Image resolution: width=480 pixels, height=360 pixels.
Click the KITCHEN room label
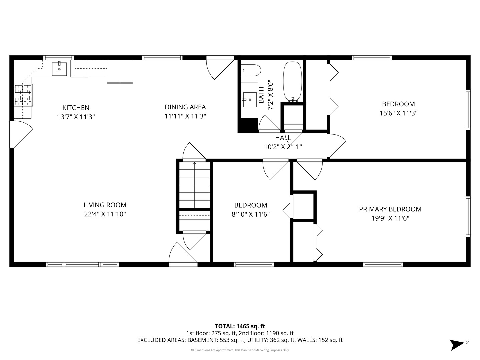(76, 108)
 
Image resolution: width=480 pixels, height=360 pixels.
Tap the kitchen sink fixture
(59, 69)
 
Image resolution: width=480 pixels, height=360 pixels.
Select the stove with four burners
(23, 95)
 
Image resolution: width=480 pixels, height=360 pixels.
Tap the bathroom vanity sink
(250, 99)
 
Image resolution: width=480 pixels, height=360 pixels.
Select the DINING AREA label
(185, 107)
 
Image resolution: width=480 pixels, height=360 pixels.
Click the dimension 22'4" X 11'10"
(105, 214)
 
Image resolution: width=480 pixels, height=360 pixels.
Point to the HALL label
(283, 138)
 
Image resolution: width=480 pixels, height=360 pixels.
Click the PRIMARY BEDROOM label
(390, 209)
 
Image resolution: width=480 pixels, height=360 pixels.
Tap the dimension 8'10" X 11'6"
(250, 214)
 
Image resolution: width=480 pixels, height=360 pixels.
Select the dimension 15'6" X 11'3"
(398, 113)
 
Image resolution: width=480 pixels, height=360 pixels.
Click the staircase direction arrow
(195, 164)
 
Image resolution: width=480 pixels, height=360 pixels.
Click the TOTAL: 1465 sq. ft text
(240, 326)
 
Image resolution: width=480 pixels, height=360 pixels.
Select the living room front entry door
(183, 254)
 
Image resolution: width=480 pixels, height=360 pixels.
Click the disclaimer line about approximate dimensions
(240, 350)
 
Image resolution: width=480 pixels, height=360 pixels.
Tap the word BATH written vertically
(261, 95)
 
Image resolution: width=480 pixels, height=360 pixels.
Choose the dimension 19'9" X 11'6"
(390, 218)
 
